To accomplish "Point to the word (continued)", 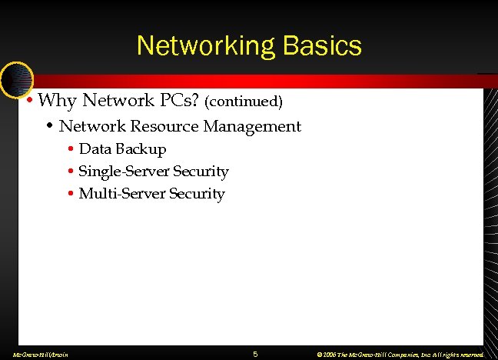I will coord(244,101).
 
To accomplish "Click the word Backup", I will coord(141,148).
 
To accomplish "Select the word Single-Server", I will coord(123,171).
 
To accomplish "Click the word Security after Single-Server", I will coord(201,171).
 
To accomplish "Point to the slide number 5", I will coord(255,354).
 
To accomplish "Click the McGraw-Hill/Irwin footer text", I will coord(35,355).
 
